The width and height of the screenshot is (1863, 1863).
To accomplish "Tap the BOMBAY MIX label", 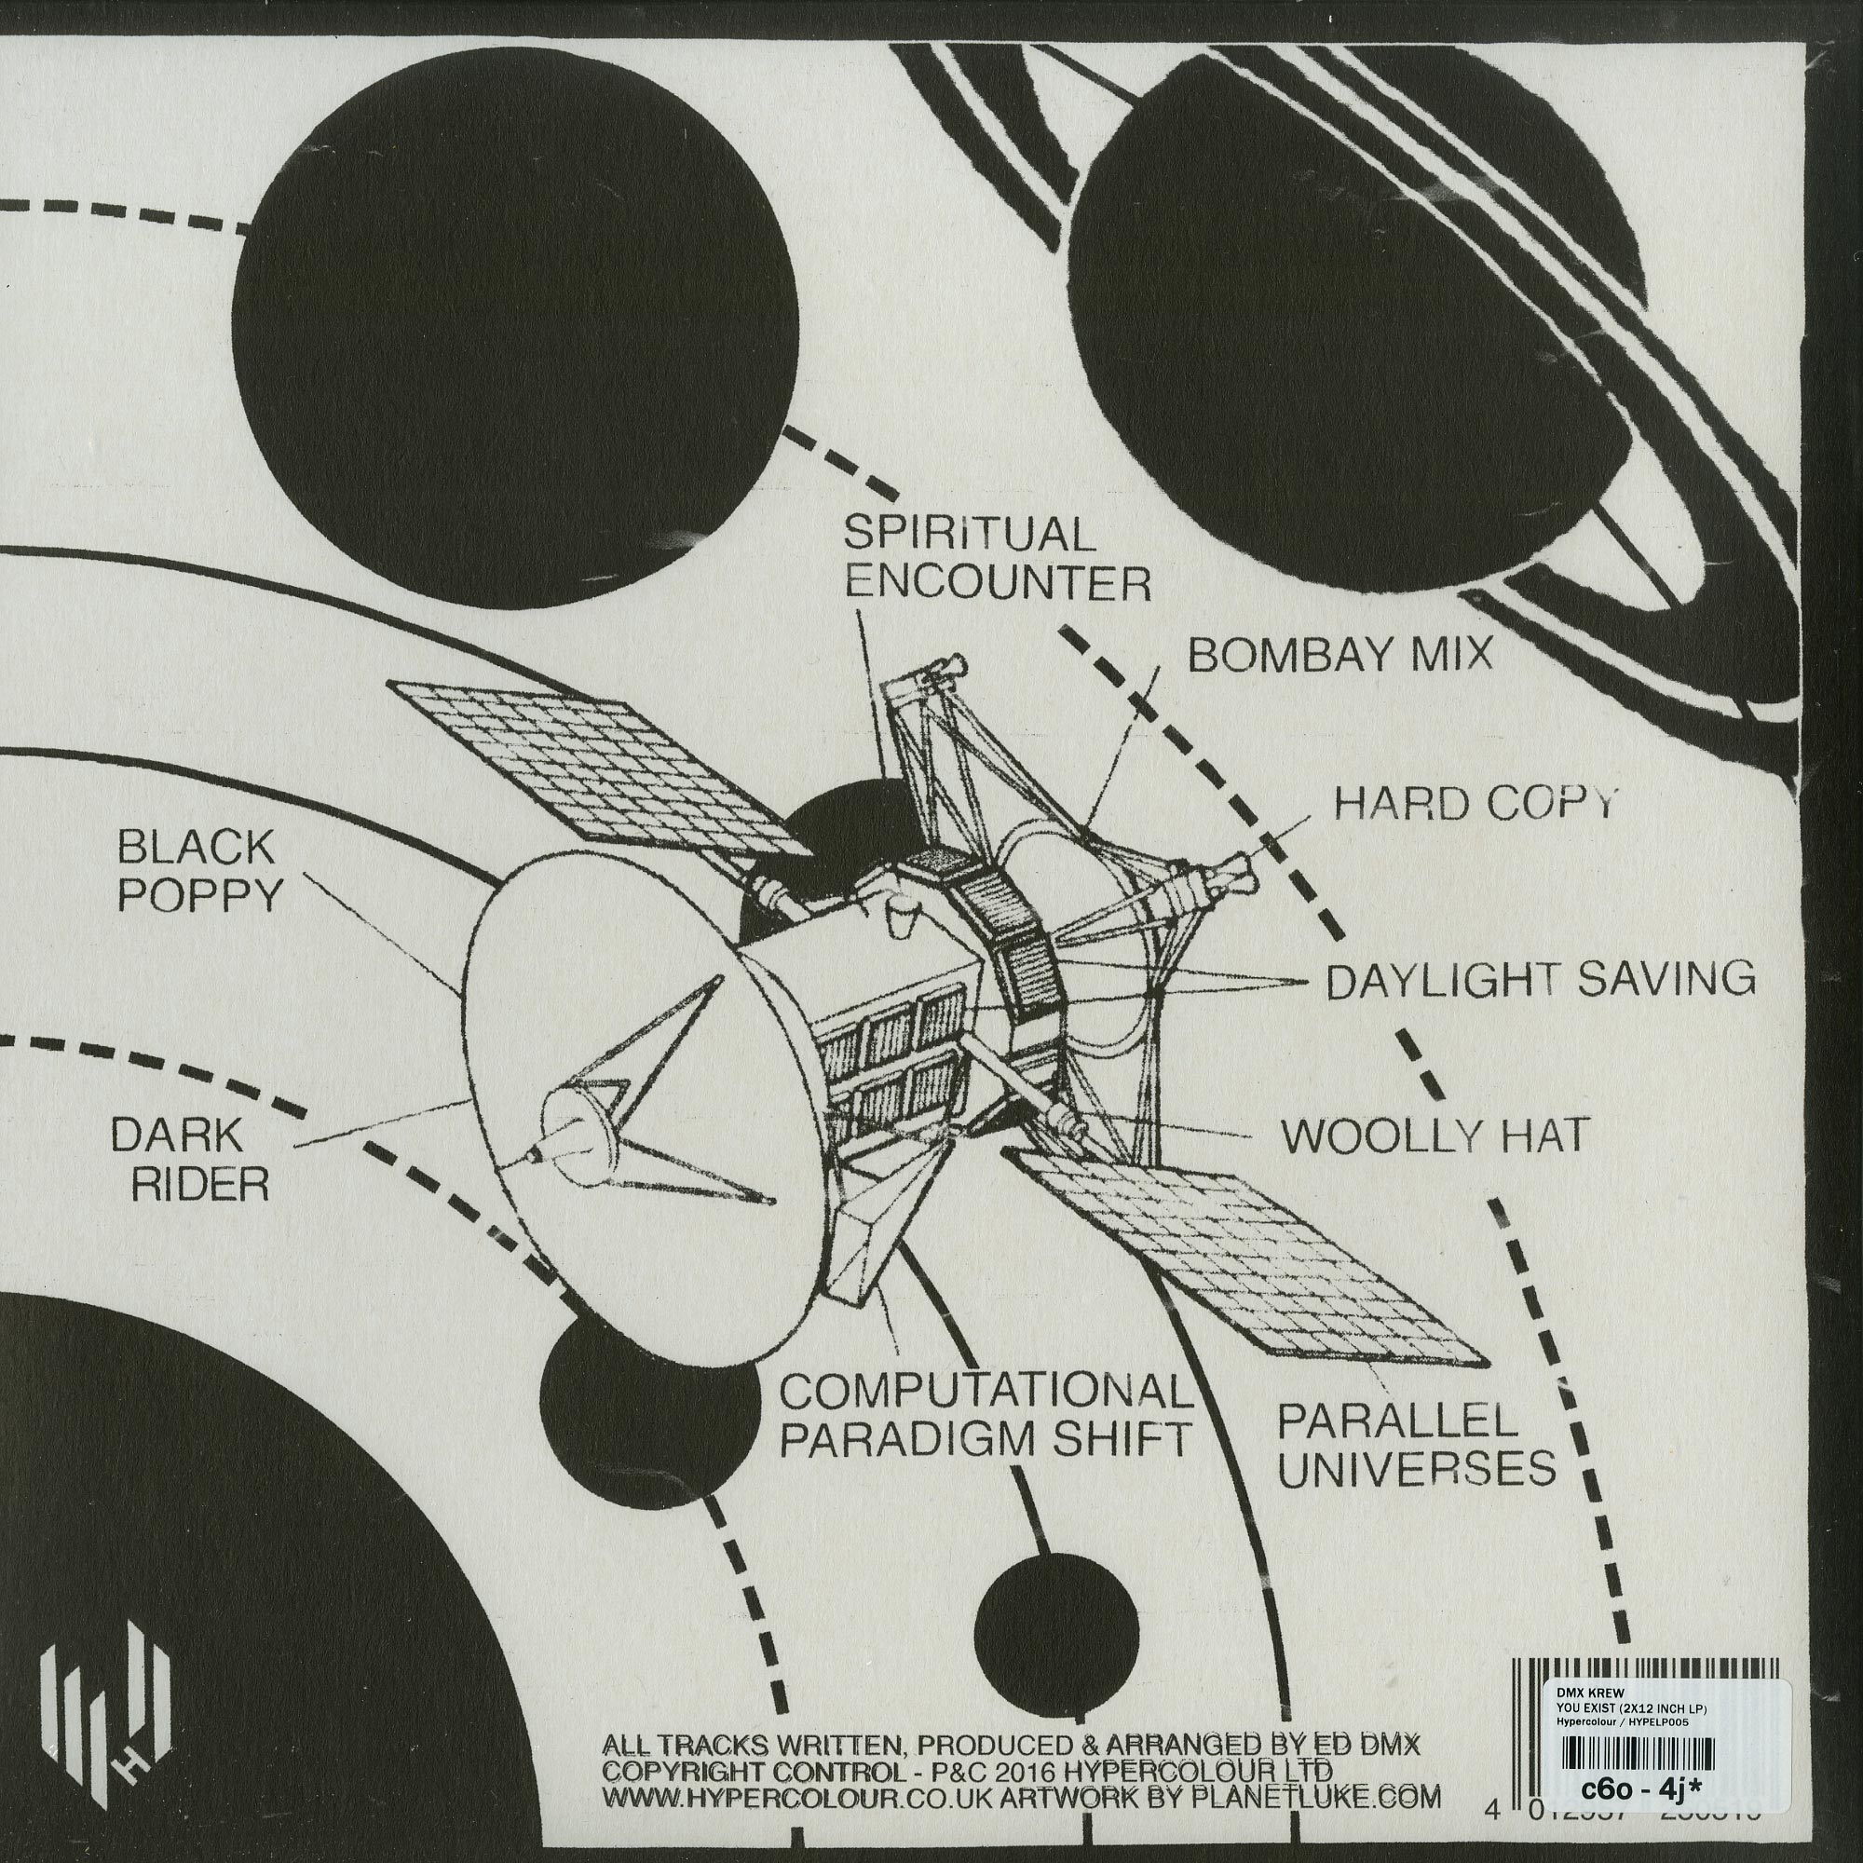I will pyautogui.click(x=1339, y=657).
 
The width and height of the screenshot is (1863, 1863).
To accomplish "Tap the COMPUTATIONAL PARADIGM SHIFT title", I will pyautogui.click(x=985, y=1419).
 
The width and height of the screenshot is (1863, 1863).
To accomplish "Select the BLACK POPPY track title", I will pyautogui.click(x=197, y=873).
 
